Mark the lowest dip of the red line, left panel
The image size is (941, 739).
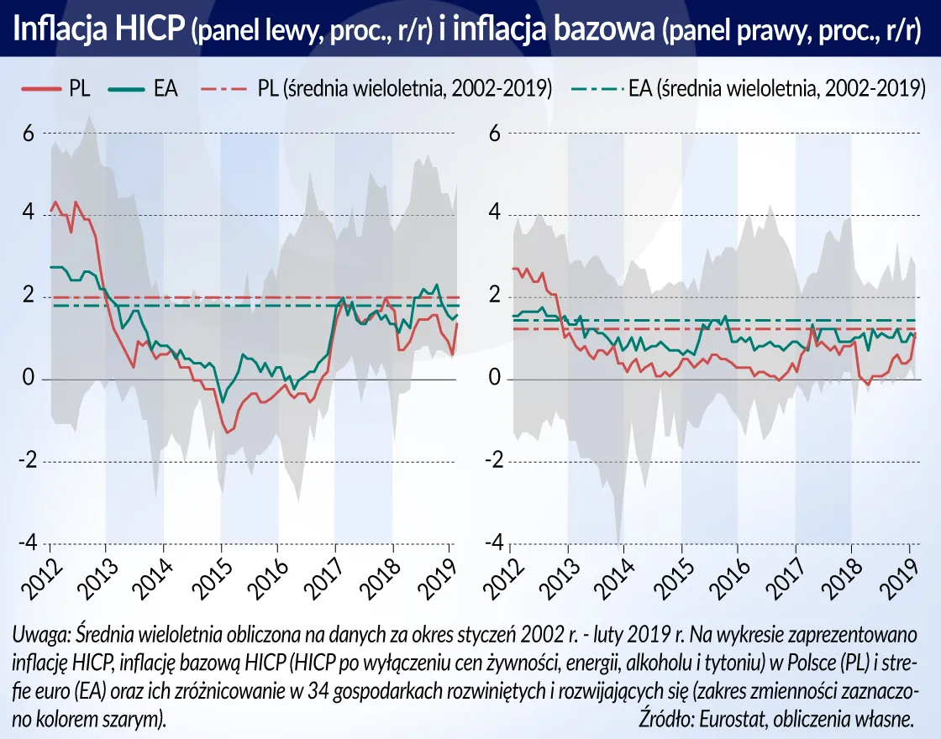[226, 432]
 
